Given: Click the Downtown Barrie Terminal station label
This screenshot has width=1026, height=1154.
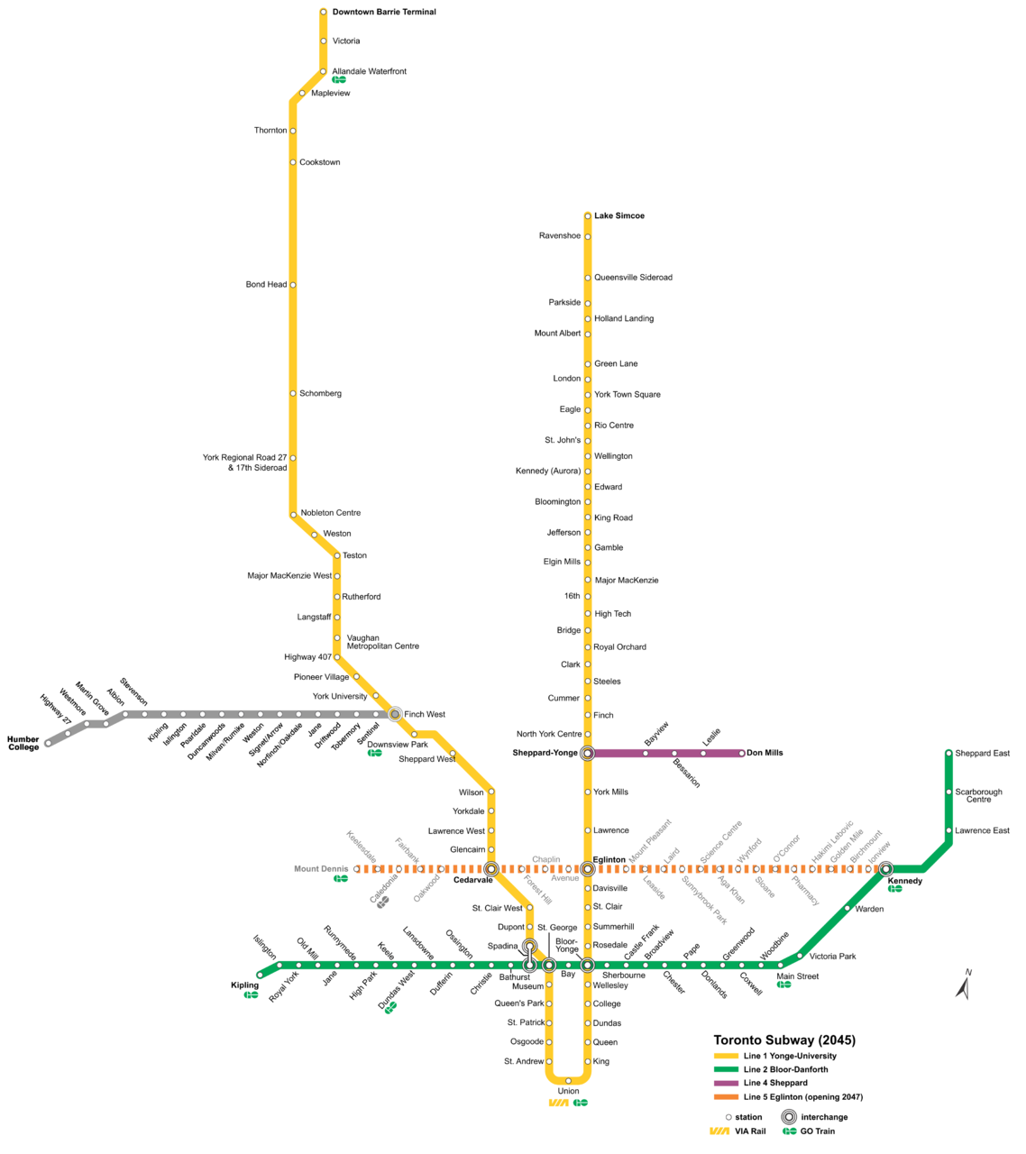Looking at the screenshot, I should (383, 13).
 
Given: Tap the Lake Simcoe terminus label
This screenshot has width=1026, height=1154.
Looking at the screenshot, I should (618, 216).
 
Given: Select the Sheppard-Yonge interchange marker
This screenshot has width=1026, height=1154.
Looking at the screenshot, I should (587, 753).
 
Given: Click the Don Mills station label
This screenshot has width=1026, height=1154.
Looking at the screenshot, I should (765, 753).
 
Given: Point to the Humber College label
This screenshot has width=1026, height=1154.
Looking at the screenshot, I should (23, 744).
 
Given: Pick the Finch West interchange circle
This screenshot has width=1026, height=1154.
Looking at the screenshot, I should (395, 714).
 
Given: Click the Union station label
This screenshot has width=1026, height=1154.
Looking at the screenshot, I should (568, 1091).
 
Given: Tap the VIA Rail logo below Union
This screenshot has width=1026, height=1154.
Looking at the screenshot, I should (559, 1103).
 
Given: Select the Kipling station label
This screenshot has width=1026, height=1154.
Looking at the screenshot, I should (244, 985).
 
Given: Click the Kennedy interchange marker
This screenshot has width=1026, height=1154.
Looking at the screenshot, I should (886, 869).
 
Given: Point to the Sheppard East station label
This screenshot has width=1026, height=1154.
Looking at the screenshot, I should (982, 754).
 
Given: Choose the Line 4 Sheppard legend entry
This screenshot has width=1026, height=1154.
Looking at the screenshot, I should (774, 1084).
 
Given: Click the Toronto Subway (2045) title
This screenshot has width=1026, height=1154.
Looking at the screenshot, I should (784, 1040).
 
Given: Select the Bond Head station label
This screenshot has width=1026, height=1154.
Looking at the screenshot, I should (266, 285).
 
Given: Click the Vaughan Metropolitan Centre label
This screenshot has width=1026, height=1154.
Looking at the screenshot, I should (382, 642).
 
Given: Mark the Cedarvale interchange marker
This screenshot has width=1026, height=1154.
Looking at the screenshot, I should (491, 869).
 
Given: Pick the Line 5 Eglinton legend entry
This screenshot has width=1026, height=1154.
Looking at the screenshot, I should (802, 1097).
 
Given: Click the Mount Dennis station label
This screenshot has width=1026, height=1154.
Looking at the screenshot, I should (320, 869).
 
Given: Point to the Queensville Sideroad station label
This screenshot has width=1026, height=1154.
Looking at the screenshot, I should (633, 278).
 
